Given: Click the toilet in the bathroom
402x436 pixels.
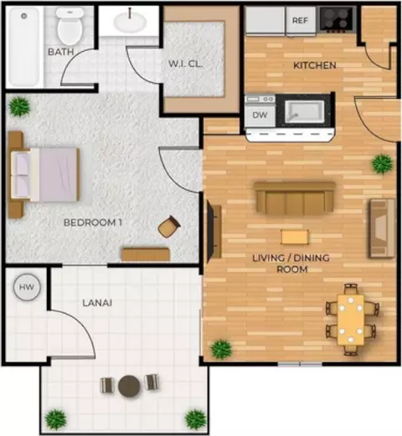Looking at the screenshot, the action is [x=70, y=26].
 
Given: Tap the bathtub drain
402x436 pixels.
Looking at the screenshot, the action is [x=24, y=16].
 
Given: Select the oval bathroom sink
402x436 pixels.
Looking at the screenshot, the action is [x=129, y=22].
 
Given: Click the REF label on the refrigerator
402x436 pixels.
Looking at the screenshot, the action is [x=300, y=20].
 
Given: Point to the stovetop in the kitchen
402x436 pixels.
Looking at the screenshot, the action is [x=338, y=19].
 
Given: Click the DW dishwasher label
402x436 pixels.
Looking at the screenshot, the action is [x=260, y=115].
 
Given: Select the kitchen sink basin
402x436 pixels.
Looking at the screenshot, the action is [x=304, y=112].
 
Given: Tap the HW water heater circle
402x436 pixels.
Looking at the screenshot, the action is [x=27, y=287].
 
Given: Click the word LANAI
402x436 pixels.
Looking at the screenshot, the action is [x=97, y=303].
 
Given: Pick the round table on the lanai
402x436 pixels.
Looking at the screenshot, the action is [x=129, y=386].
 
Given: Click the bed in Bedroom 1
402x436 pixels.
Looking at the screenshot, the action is [x=44, y=175].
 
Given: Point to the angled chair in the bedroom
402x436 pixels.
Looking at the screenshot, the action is [x=169, y=227].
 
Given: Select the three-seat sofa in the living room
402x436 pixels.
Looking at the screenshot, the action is [x=295, y=198].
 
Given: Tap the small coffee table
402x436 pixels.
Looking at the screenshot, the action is [x=295, y=237].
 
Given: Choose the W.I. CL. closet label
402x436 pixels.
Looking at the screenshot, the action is [x=186, y=64].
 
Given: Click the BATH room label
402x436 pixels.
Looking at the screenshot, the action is [x=61, y=52].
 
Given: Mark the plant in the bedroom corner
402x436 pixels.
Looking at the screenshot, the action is [x=19, y=106].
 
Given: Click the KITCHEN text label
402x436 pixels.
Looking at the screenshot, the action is [x=315, y=65].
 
